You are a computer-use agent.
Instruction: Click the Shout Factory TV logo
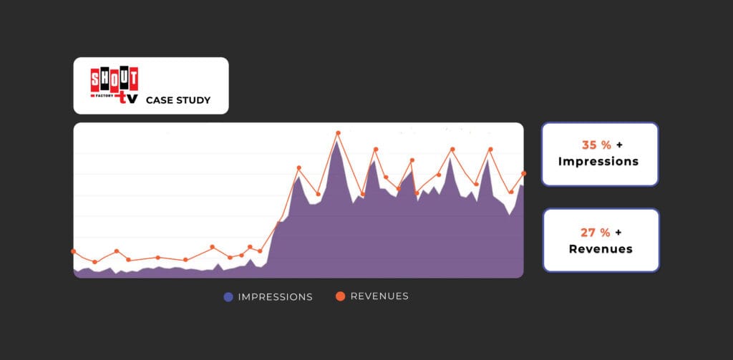[x=115, y=85]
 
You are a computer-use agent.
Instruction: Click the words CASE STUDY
[x=178, y=100]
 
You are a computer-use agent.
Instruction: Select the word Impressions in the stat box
[x=598, y=162]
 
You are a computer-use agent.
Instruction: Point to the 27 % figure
[x=596, y=232]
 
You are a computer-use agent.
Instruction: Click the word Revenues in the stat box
[x=601, y=249]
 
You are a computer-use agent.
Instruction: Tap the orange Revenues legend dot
[x=340, y=296]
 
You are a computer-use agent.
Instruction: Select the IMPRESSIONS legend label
[x=276, y=297]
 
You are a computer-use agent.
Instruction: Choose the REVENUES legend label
[x=379, y=296]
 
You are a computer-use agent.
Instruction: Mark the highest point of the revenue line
[x=338, y=132]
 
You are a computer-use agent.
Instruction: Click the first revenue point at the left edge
[x=74, y=251]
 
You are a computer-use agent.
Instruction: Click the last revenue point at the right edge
[x=524, y=173]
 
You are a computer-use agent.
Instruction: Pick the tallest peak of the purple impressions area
[x=337, y=141]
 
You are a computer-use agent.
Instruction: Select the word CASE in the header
[x=159, y=100]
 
